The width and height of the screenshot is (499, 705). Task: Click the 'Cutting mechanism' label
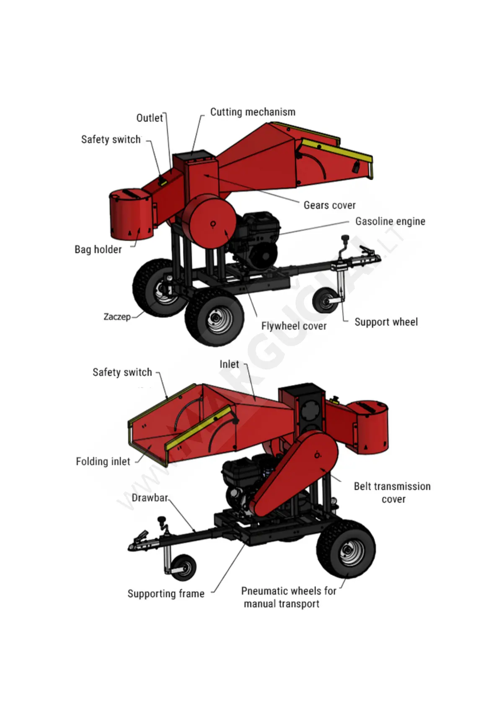tap(253, 112)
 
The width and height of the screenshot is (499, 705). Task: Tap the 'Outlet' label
tap(150, 118)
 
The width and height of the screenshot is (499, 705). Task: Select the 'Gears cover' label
tap(329, 205)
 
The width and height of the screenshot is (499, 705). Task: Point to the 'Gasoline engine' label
tap(390, 221)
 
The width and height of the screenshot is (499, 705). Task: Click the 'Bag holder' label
tap(98, 250)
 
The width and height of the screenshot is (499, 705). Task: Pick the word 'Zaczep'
tap(117, 316)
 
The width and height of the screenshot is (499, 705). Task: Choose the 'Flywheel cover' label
tap(294, 326)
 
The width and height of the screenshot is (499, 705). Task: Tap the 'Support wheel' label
tap(386, 322)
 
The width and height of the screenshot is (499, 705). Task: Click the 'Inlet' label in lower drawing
tap(229, 365)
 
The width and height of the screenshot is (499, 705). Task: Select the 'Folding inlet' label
tap(103, 461)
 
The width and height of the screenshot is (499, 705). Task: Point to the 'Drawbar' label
tap(150, 498)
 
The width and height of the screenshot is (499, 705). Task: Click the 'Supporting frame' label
tap(166, 594)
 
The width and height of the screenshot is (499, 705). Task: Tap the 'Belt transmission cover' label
tap(392, 493)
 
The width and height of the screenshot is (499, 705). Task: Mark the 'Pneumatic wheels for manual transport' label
tap(288, 597)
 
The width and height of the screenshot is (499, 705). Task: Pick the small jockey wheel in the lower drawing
tap(183, 567)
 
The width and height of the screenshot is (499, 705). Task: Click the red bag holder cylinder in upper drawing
tap(131, 215)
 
